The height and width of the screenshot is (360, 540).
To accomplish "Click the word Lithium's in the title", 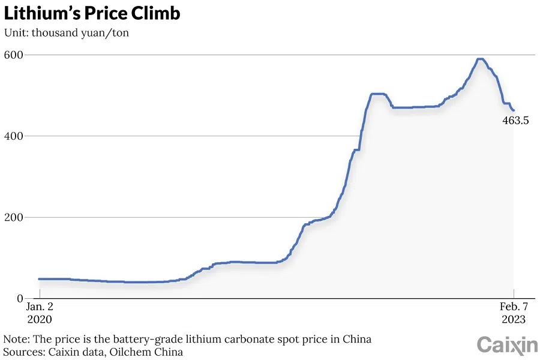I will [x=43, y=13].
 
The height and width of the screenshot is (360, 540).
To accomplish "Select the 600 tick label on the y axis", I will [x=15, y=55].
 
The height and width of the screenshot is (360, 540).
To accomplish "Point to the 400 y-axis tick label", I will [x=15, y=136].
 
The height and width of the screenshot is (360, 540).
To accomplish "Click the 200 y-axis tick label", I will [x=15, y=217].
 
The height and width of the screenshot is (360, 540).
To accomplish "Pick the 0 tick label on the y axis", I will [x=20, y=299].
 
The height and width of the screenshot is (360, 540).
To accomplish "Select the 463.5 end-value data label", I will [x=515, y=121].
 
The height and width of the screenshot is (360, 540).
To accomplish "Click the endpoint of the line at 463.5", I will [x=514, y=110].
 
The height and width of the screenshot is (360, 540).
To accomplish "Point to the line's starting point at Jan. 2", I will [x=39, y=279].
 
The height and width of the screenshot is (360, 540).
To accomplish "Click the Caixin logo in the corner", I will [x=507, y=345].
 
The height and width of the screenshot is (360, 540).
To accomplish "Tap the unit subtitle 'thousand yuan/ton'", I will [x=80, y=32].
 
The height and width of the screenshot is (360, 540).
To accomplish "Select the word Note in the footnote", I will [x=15, y=339].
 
